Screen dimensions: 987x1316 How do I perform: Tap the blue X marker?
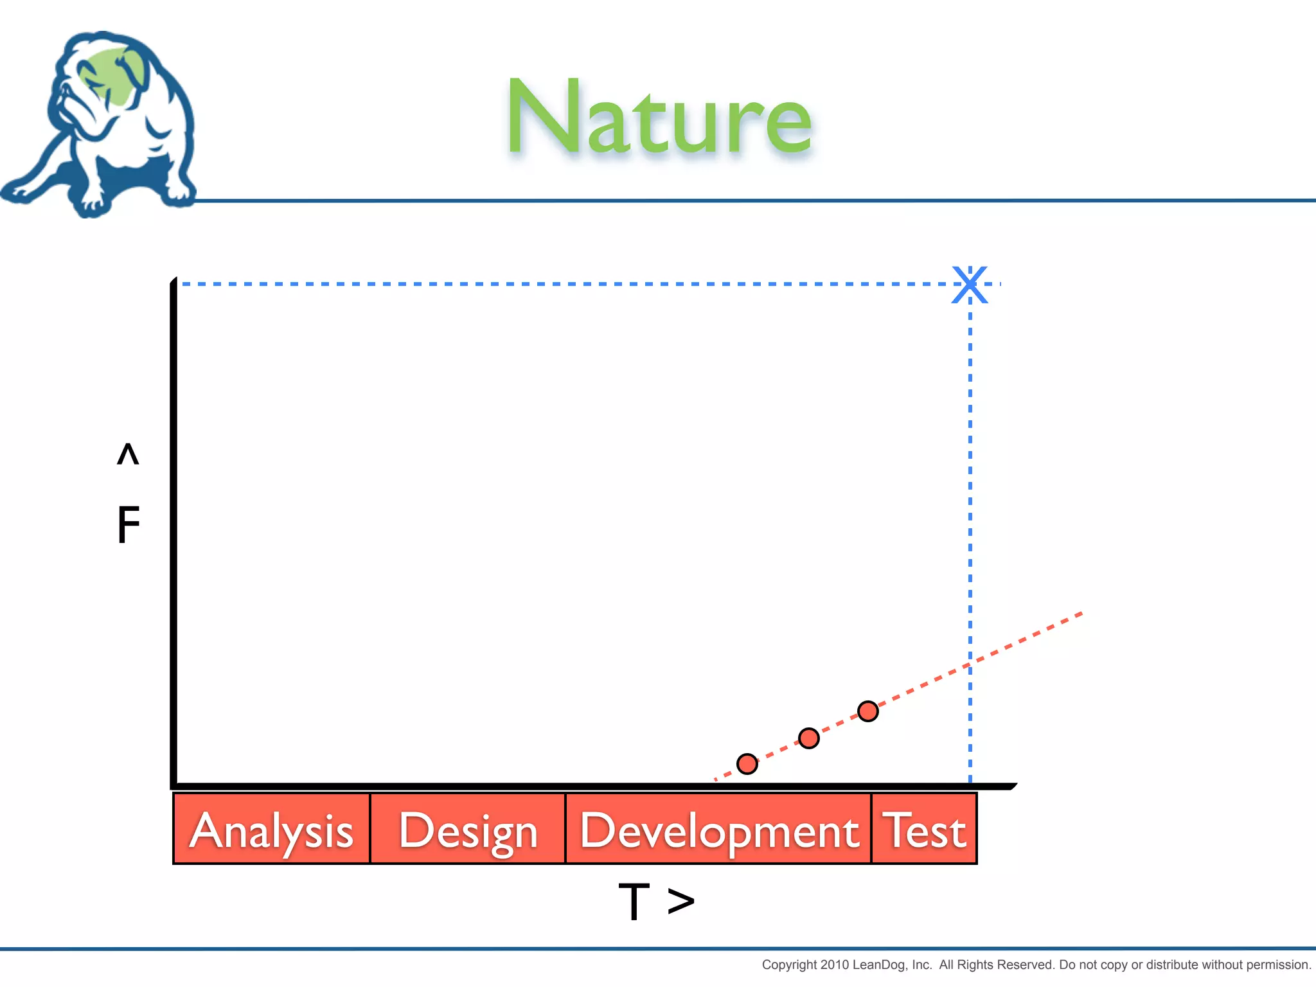coord(970,284)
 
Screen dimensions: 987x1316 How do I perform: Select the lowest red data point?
coord(747,764)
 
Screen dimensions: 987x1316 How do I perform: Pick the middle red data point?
coord(808,738)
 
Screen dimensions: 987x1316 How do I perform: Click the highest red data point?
coord(867,711)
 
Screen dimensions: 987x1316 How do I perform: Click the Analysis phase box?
coord(272,829)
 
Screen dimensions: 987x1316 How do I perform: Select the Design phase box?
coord(468,829)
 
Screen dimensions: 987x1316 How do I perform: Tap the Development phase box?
coord(718,829)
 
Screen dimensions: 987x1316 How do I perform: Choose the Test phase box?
coord(924,829)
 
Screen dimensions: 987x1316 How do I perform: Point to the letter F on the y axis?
coord(128,524)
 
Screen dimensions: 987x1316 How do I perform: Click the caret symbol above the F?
coord(128,454)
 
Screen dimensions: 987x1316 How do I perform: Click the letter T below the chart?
coord(634,901)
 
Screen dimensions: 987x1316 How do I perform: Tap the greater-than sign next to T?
coord(681,901)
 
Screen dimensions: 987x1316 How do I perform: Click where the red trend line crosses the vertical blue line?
coord(970,665)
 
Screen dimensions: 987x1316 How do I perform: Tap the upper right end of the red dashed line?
coord(1081,614)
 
